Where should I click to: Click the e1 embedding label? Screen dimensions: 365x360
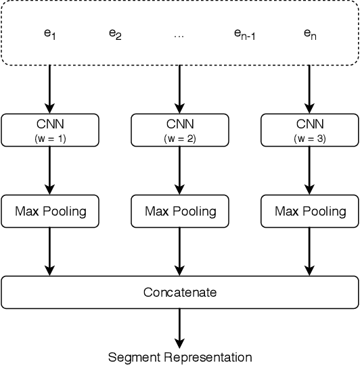[x=49, y=33]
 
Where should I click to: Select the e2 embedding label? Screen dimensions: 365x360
[x=115, y=33]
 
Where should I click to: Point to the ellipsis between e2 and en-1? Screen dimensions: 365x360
[x=179, y=33]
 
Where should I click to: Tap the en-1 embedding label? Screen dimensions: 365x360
[x=244, y=33]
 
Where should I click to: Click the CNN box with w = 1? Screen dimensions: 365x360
[x=50, y=129]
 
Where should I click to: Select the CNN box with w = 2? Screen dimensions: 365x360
[x=180, y=129]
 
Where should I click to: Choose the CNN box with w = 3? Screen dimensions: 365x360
[x=310, y=129]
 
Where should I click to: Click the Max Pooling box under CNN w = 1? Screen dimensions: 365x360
[x=50, y=211]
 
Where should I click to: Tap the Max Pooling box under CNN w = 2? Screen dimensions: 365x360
[x=180, y=211]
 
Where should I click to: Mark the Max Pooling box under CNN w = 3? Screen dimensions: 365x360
[x=310, y=211]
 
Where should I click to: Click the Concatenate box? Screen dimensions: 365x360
[x=180, y=293]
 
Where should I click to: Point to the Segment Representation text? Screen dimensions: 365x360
[x=180, y=357]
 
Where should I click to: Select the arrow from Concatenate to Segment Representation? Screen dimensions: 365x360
[x=180, y=328]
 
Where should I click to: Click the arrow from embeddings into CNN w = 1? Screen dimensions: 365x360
[x=50, y=89]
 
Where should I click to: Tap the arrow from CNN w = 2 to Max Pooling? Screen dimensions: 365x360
[x=180, y=170]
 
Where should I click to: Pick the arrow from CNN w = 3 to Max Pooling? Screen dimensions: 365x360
[x=310, y=170]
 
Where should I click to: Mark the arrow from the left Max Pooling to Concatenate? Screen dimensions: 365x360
[x=50, y=251]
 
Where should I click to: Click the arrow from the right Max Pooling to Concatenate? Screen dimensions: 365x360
[x=310, y=251]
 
